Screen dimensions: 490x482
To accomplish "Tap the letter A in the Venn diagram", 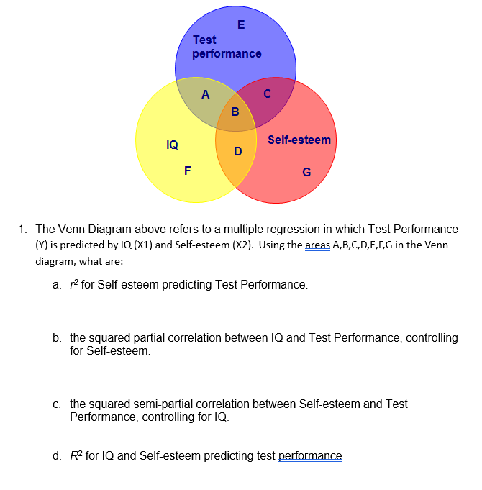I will click(x=206, y=94).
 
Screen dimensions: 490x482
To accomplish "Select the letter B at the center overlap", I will click(x=235, y=112).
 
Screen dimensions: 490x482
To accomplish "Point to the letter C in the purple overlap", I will click(x=268, y=93).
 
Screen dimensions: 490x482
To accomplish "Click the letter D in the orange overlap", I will click(x=238, y=151).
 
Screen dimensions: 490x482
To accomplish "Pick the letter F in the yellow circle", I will click(x=188, y=171).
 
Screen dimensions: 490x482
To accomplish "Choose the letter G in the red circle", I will click(x=307, y=172).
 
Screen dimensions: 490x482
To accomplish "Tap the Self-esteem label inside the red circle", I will click(x=299, y=140).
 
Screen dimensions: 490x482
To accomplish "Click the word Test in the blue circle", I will click(x=204, y=40).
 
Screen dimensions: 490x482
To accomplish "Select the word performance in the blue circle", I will click(x=227, y=54).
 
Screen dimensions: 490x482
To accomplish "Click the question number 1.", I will click(x=23, y=230).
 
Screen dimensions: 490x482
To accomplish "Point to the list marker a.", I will click(x=56, y=285).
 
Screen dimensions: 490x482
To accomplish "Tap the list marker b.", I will click(x=56, y=337).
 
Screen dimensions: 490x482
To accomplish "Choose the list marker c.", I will click(x=56, y=404).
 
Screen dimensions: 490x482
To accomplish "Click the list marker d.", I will click(x=56, y=456).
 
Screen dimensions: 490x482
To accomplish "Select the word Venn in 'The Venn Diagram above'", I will click(x=71, y=230).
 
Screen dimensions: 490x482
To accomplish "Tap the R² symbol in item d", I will click(x=76, y=455).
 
